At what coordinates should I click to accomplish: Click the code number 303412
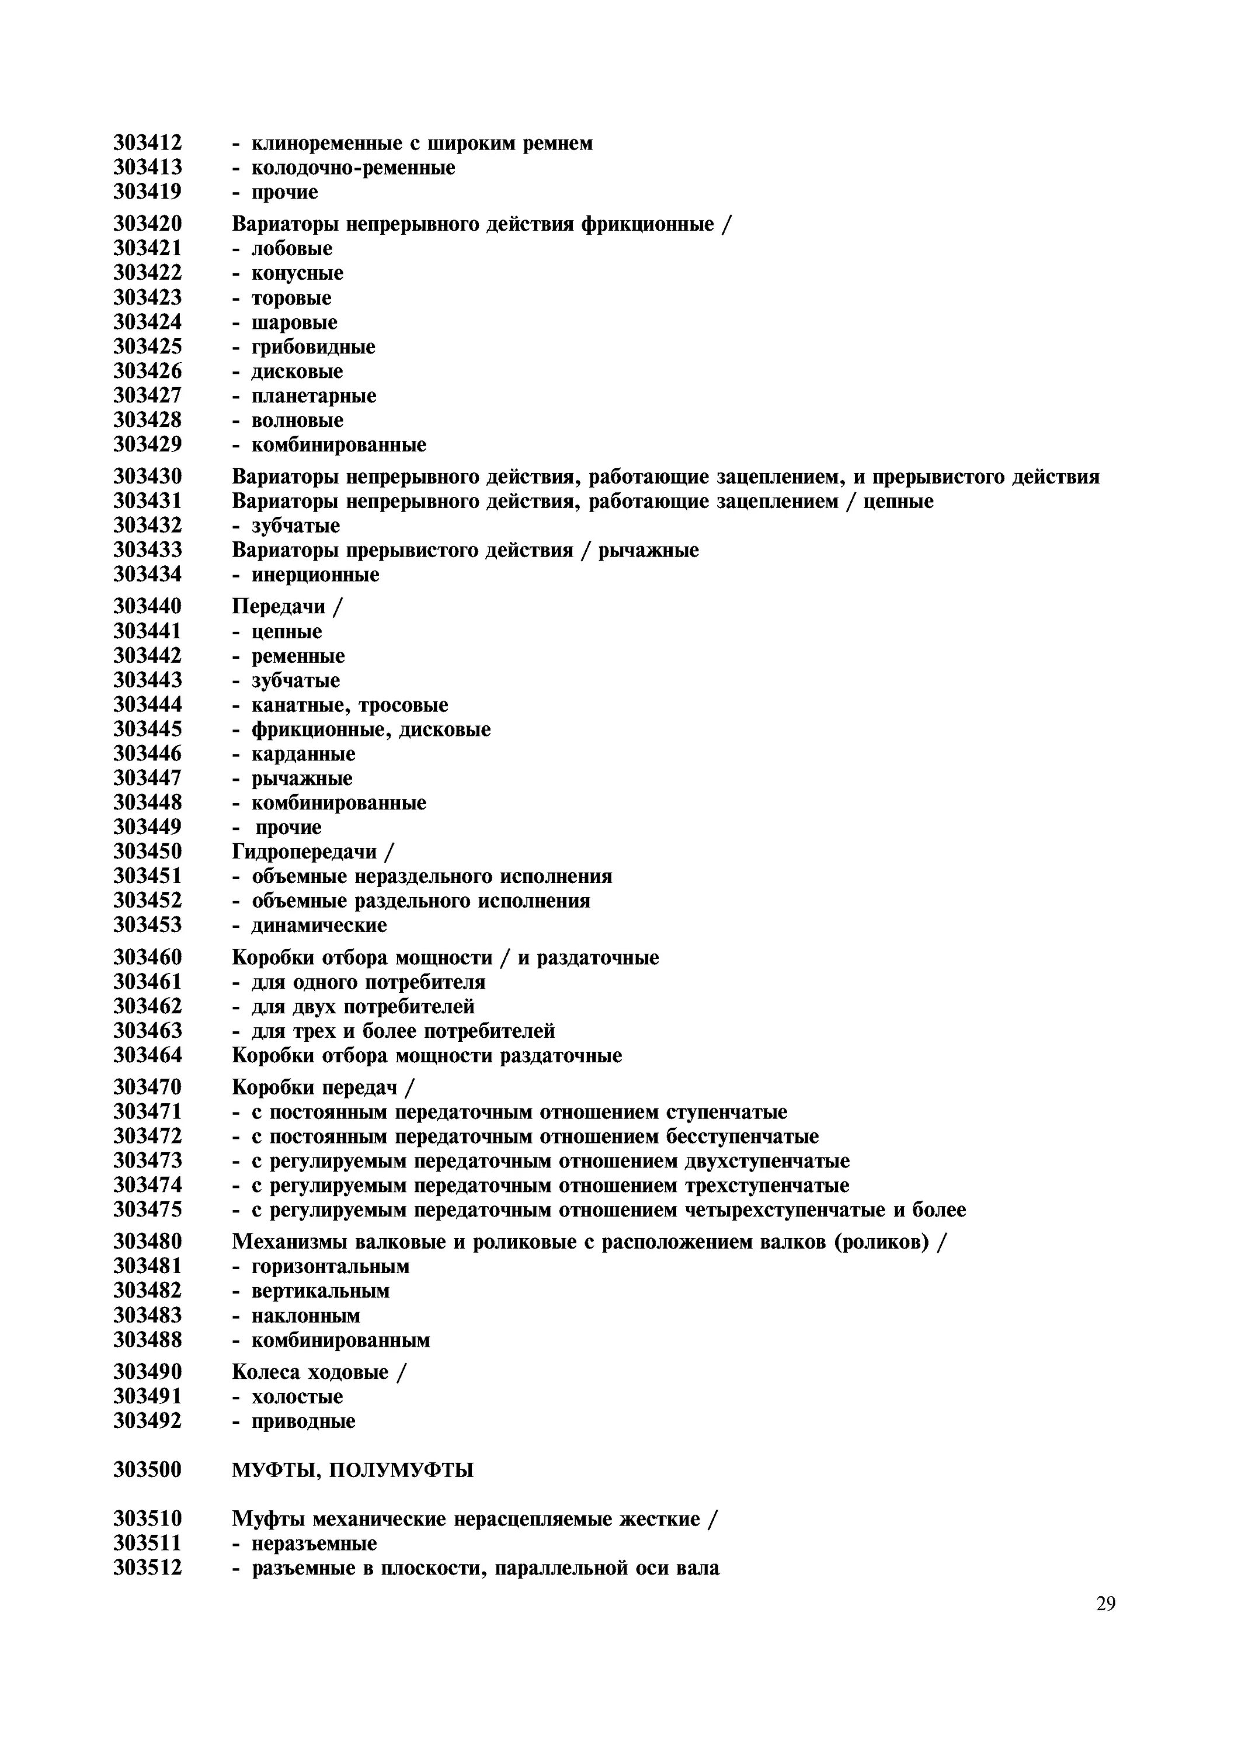pos(147,142)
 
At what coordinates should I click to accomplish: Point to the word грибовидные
pos(314,347)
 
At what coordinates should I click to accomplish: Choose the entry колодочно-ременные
pos(353,167)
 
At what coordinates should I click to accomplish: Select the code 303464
pos(147,1055)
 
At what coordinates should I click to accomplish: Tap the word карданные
pos(304,754)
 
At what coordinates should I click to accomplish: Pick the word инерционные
pos(315,575)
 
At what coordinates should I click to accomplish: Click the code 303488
pos(147,1339)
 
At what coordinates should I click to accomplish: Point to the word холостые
pos(297,1396)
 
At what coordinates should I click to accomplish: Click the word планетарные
pos(314,396)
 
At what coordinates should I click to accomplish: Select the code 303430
pos(147,477)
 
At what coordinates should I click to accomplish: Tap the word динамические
pos(319,926)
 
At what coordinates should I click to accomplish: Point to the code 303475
pos(147,1209)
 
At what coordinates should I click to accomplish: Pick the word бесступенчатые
pos(742,1136)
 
